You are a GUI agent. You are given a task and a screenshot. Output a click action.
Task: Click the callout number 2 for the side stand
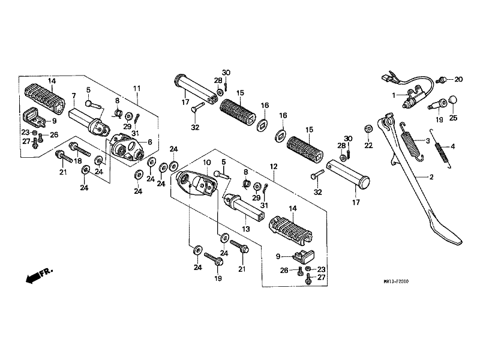[x=430, y=178]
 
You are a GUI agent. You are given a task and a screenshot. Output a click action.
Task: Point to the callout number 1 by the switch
[x=394, y=95]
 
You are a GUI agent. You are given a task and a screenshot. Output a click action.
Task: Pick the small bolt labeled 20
[x=443, y=79]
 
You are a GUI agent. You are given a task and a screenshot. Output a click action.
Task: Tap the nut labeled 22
[x=368, y=130]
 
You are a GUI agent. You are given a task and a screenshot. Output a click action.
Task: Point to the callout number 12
[x=274, y=166]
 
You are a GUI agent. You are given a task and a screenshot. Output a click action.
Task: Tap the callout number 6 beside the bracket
[x=149, y=142]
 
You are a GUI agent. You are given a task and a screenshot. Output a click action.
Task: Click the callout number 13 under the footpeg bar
[x=245, y=228]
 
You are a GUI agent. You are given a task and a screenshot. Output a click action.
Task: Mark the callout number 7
[x=73, y=95]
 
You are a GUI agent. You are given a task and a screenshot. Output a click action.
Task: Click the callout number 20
[x=458, y=79]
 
